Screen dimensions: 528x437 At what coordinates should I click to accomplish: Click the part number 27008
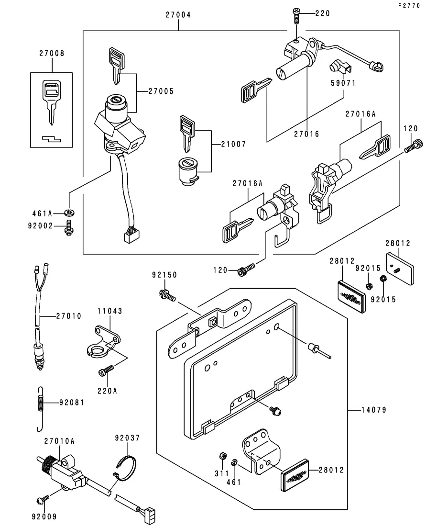click(51, 54)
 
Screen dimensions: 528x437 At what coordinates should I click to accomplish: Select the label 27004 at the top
click(178, 15)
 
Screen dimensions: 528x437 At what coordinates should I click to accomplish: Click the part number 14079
click(374, 410)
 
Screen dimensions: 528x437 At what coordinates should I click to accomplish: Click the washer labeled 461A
click(71, 212)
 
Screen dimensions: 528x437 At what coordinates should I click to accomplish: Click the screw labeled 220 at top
click(295, 16)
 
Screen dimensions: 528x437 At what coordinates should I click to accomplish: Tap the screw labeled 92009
click(43, 499)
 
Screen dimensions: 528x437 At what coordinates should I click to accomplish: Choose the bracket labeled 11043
click(104, 340)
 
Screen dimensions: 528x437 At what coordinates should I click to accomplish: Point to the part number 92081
click(72, 403)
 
